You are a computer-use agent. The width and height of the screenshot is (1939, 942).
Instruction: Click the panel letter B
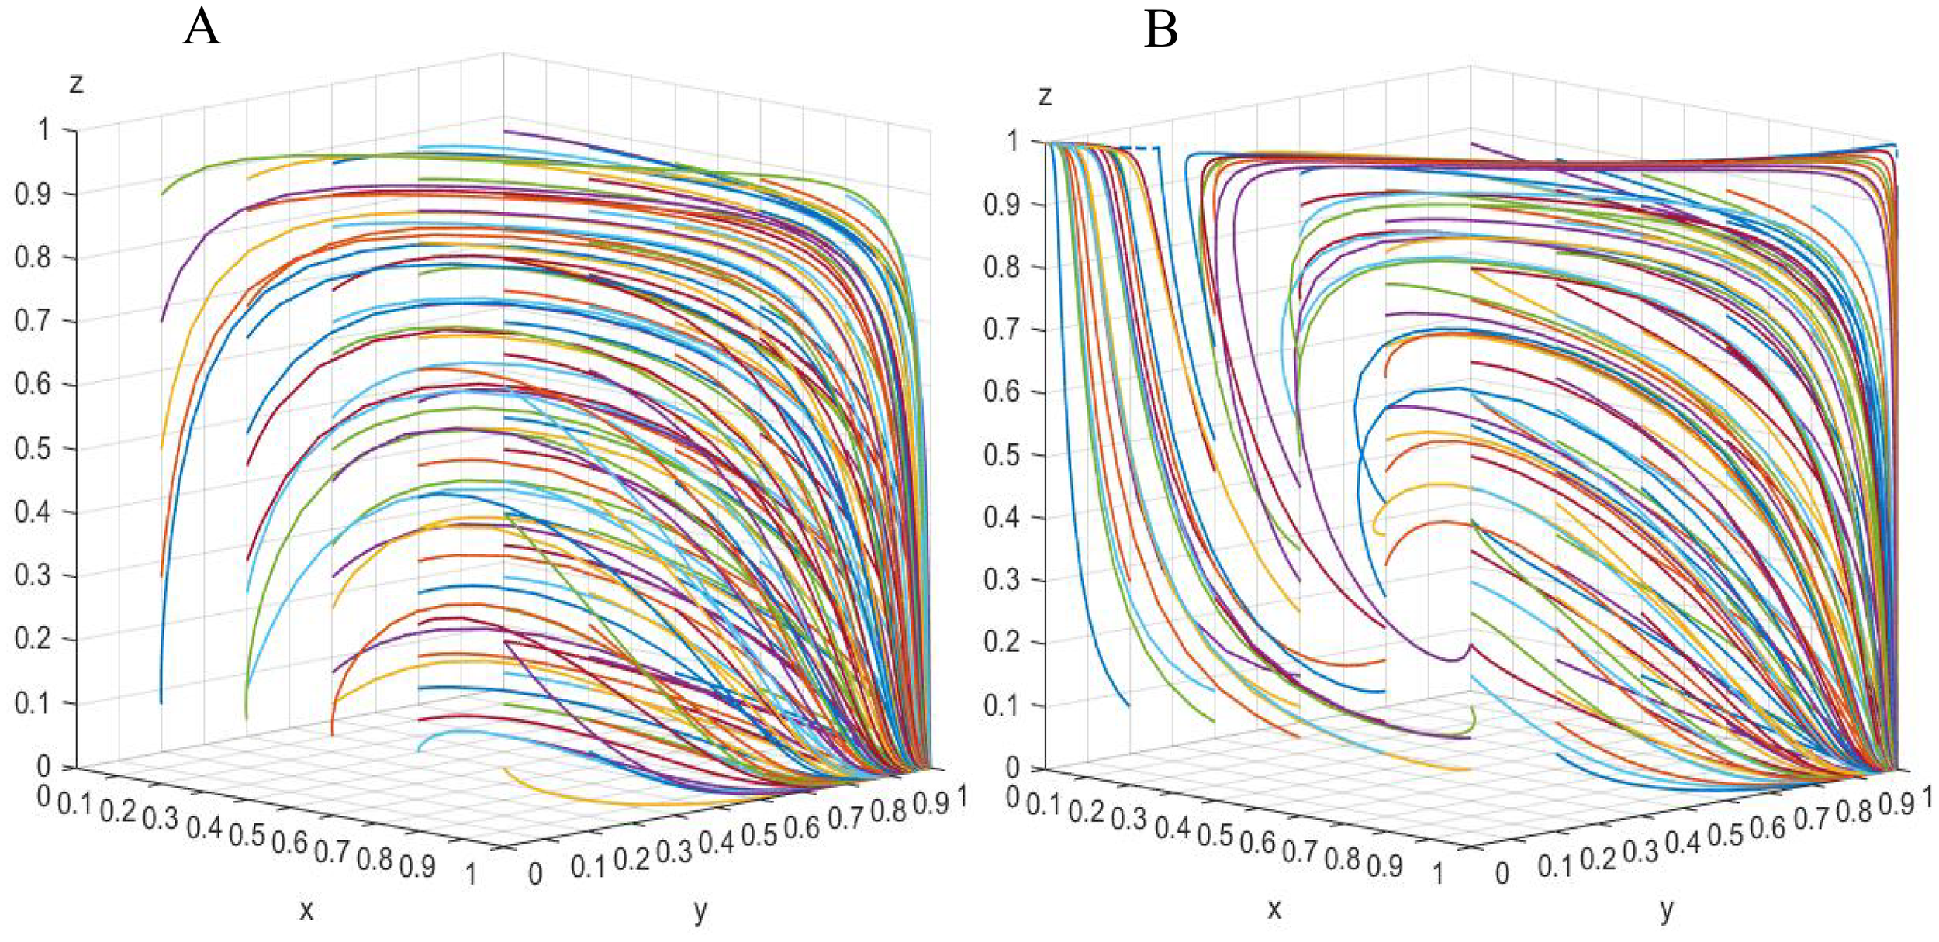pos(1160,30)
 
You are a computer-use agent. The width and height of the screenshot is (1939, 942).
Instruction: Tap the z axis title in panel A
pos(76,83)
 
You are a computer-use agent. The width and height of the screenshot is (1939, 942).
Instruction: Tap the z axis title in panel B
pos(1045,96)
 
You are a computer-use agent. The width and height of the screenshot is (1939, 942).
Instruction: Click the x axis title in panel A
pos(306,909)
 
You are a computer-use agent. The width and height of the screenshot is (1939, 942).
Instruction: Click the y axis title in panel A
pos(700,911)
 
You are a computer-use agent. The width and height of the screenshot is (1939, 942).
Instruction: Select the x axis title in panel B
pos(1274,909)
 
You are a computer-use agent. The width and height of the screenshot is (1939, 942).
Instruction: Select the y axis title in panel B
pos(1667,910)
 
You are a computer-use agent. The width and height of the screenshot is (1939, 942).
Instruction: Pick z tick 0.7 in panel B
pos(1001,330)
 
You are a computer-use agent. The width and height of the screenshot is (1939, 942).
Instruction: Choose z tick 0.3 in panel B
pos(1001,580)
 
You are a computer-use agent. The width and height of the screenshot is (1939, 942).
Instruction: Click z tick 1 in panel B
pos(1012,141)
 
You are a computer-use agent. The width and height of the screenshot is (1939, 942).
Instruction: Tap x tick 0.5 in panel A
pos(247,835)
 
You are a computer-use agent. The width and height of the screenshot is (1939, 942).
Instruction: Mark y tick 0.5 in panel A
pos(759,835)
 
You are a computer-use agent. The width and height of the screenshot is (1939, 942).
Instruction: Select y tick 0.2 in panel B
pos(1598,858)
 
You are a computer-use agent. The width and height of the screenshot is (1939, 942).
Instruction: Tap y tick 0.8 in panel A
pos(888,812)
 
